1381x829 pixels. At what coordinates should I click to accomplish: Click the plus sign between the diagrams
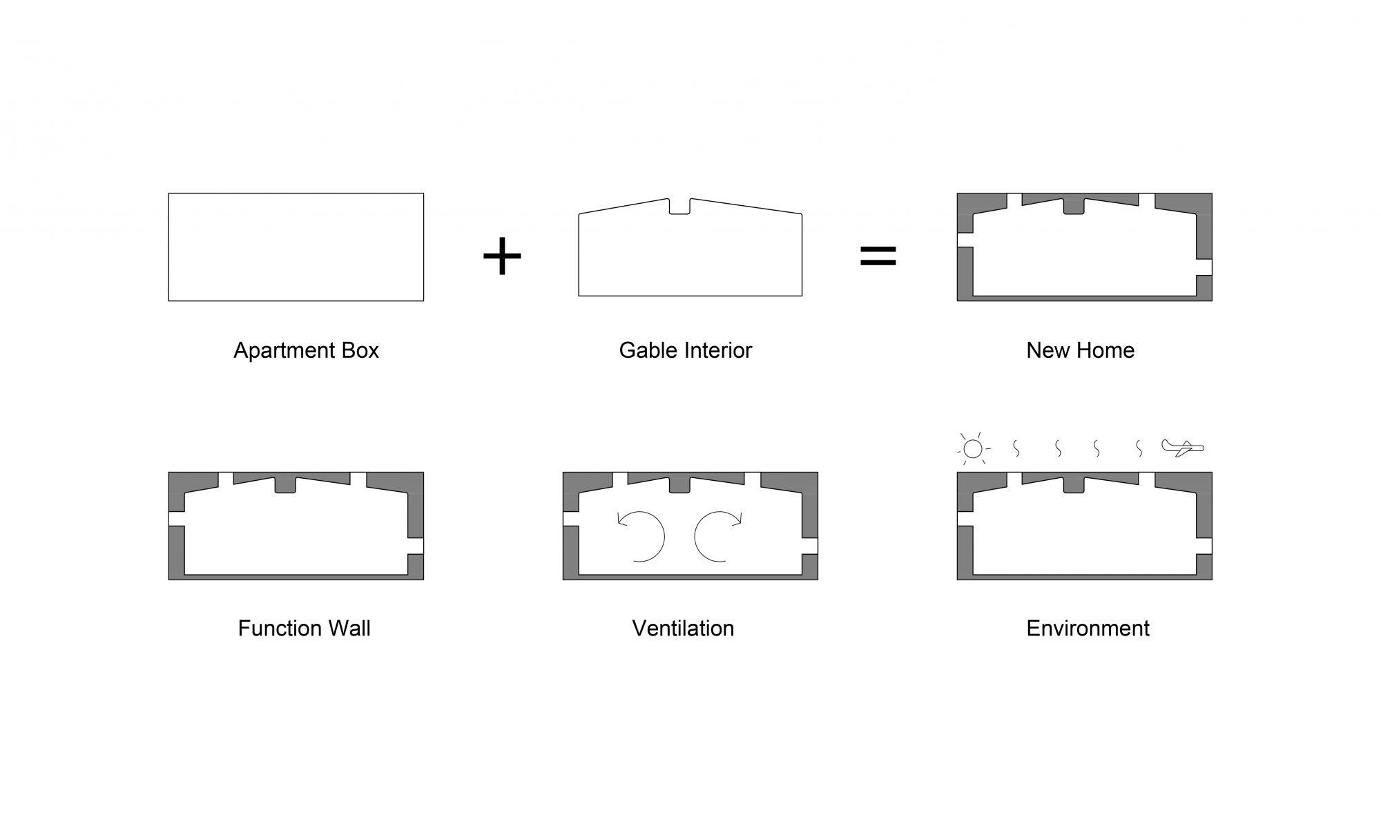coord(502,256)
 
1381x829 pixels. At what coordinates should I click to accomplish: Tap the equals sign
coord(878,256)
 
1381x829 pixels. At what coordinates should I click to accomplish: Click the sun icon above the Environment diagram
coord(973,448)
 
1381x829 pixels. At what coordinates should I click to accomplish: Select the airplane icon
coord(1183,448)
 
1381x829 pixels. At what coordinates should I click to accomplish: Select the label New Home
coord(1080,350)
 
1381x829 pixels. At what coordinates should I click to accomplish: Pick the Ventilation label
coord(683,628)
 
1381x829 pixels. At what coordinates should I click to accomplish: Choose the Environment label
coord(1088,628)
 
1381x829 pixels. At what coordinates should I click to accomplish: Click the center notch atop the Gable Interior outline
coord(679,207)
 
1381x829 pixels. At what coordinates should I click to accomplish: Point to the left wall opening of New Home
coord(965,240)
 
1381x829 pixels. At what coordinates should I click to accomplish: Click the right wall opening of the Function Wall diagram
coord(416,546)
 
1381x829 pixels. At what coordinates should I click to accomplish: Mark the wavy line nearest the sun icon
coord(1016,448)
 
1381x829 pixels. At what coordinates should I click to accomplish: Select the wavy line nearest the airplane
coord(1139,448)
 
